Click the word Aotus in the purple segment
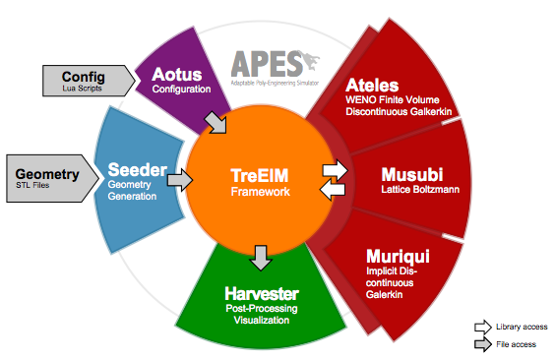click(175, 75)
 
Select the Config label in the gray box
click(83, 77)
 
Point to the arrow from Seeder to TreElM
click(180, 180)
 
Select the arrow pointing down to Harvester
click(260, 258)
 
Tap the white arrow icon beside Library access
click(482, 327)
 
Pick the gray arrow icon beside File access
click(482, 344)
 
